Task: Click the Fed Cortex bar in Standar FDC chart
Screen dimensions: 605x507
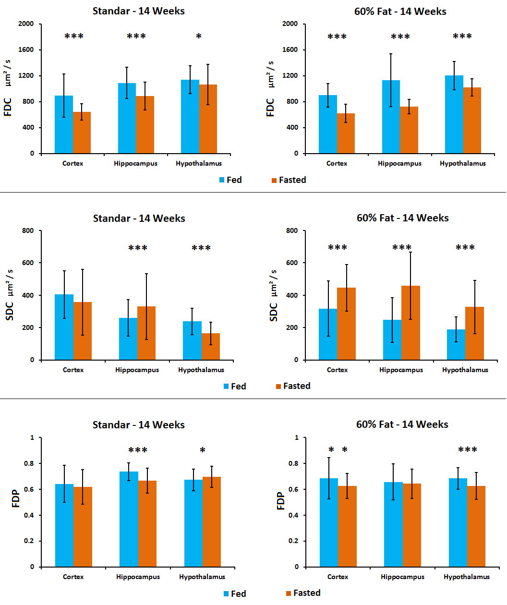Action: coord(64,125)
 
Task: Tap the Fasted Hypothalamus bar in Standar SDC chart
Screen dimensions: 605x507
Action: coord(211,346)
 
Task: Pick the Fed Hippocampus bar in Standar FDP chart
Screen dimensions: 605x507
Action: coord(129,519)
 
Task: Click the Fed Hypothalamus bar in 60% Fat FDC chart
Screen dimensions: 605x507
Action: coord(454,115)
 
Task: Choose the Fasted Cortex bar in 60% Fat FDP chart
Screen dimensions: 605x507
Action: coord(347,526)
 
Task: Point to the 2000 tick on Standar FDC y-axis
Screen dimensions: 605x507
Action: coord(26,24)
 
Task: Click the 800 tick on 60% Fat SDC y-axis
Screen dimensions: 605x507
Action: coord(292,231)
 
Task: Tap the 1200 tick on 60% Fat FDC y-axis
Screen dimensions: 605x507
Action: coord(290,76)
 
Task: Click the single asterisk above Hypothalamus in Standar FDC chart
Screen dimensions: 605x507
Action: coord(199,36)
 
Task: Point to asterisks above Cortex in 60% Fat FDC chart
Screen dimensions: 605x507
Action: coord(337,37)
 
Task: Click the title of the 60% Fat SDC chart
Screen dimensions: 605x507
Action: coord(402,218)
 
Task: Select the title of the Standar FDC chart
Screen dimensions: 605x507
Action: coord(139,11)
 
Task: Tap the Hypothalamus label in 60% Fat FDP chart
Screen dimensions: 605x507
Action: coord(466,577)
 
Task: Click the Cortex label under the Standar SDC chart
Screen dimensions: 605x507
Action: coord(73,370)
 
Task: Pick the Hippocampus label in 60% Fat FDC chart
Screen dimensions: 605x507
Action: coord(399,163)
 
